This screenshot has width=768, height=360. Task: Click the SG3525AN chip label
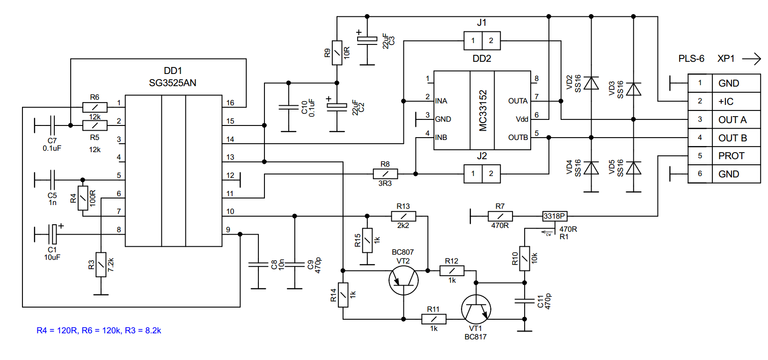(172, 83)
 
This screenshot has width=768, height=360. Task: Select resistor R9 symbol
(337, 52)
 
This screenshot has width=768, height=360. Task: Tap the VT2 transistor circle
(403, 280)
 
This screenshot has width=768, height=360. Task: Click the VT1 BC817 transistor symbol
(476, 309)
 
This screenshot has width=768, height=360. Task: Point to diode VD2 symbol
(591, 83)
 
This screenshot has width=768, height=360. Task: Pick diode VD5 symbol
(633, 168)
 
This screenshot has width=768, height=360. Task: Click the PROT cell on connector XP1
(731, 156)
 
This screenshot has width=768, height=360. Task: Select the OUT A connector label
(732, 120)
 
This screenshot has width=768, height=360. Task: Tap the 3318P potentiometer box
(555, 216)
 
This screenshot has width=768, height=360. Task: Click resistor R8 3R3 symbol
(385, 174)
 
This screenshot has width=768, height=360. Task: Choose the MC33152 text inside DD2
(483, 110)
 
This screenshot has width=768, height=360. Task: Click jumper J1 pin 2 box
(491, 41)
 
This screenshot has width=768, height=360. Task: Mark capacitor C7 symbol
(52, 125)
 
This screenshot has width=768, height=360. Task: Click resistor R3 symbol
(101, 264)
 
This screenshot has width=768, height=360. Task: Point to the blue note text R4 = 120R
(56, 331)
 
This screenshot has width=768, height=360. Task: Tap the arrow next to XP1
(751, 59)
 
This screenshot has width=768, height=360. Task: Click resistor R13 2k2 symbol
(403, 216)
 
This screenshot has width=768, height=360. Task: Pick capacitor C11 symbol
(525, 301)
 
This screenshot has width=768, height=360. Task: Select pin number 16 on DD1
(230, 103)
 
